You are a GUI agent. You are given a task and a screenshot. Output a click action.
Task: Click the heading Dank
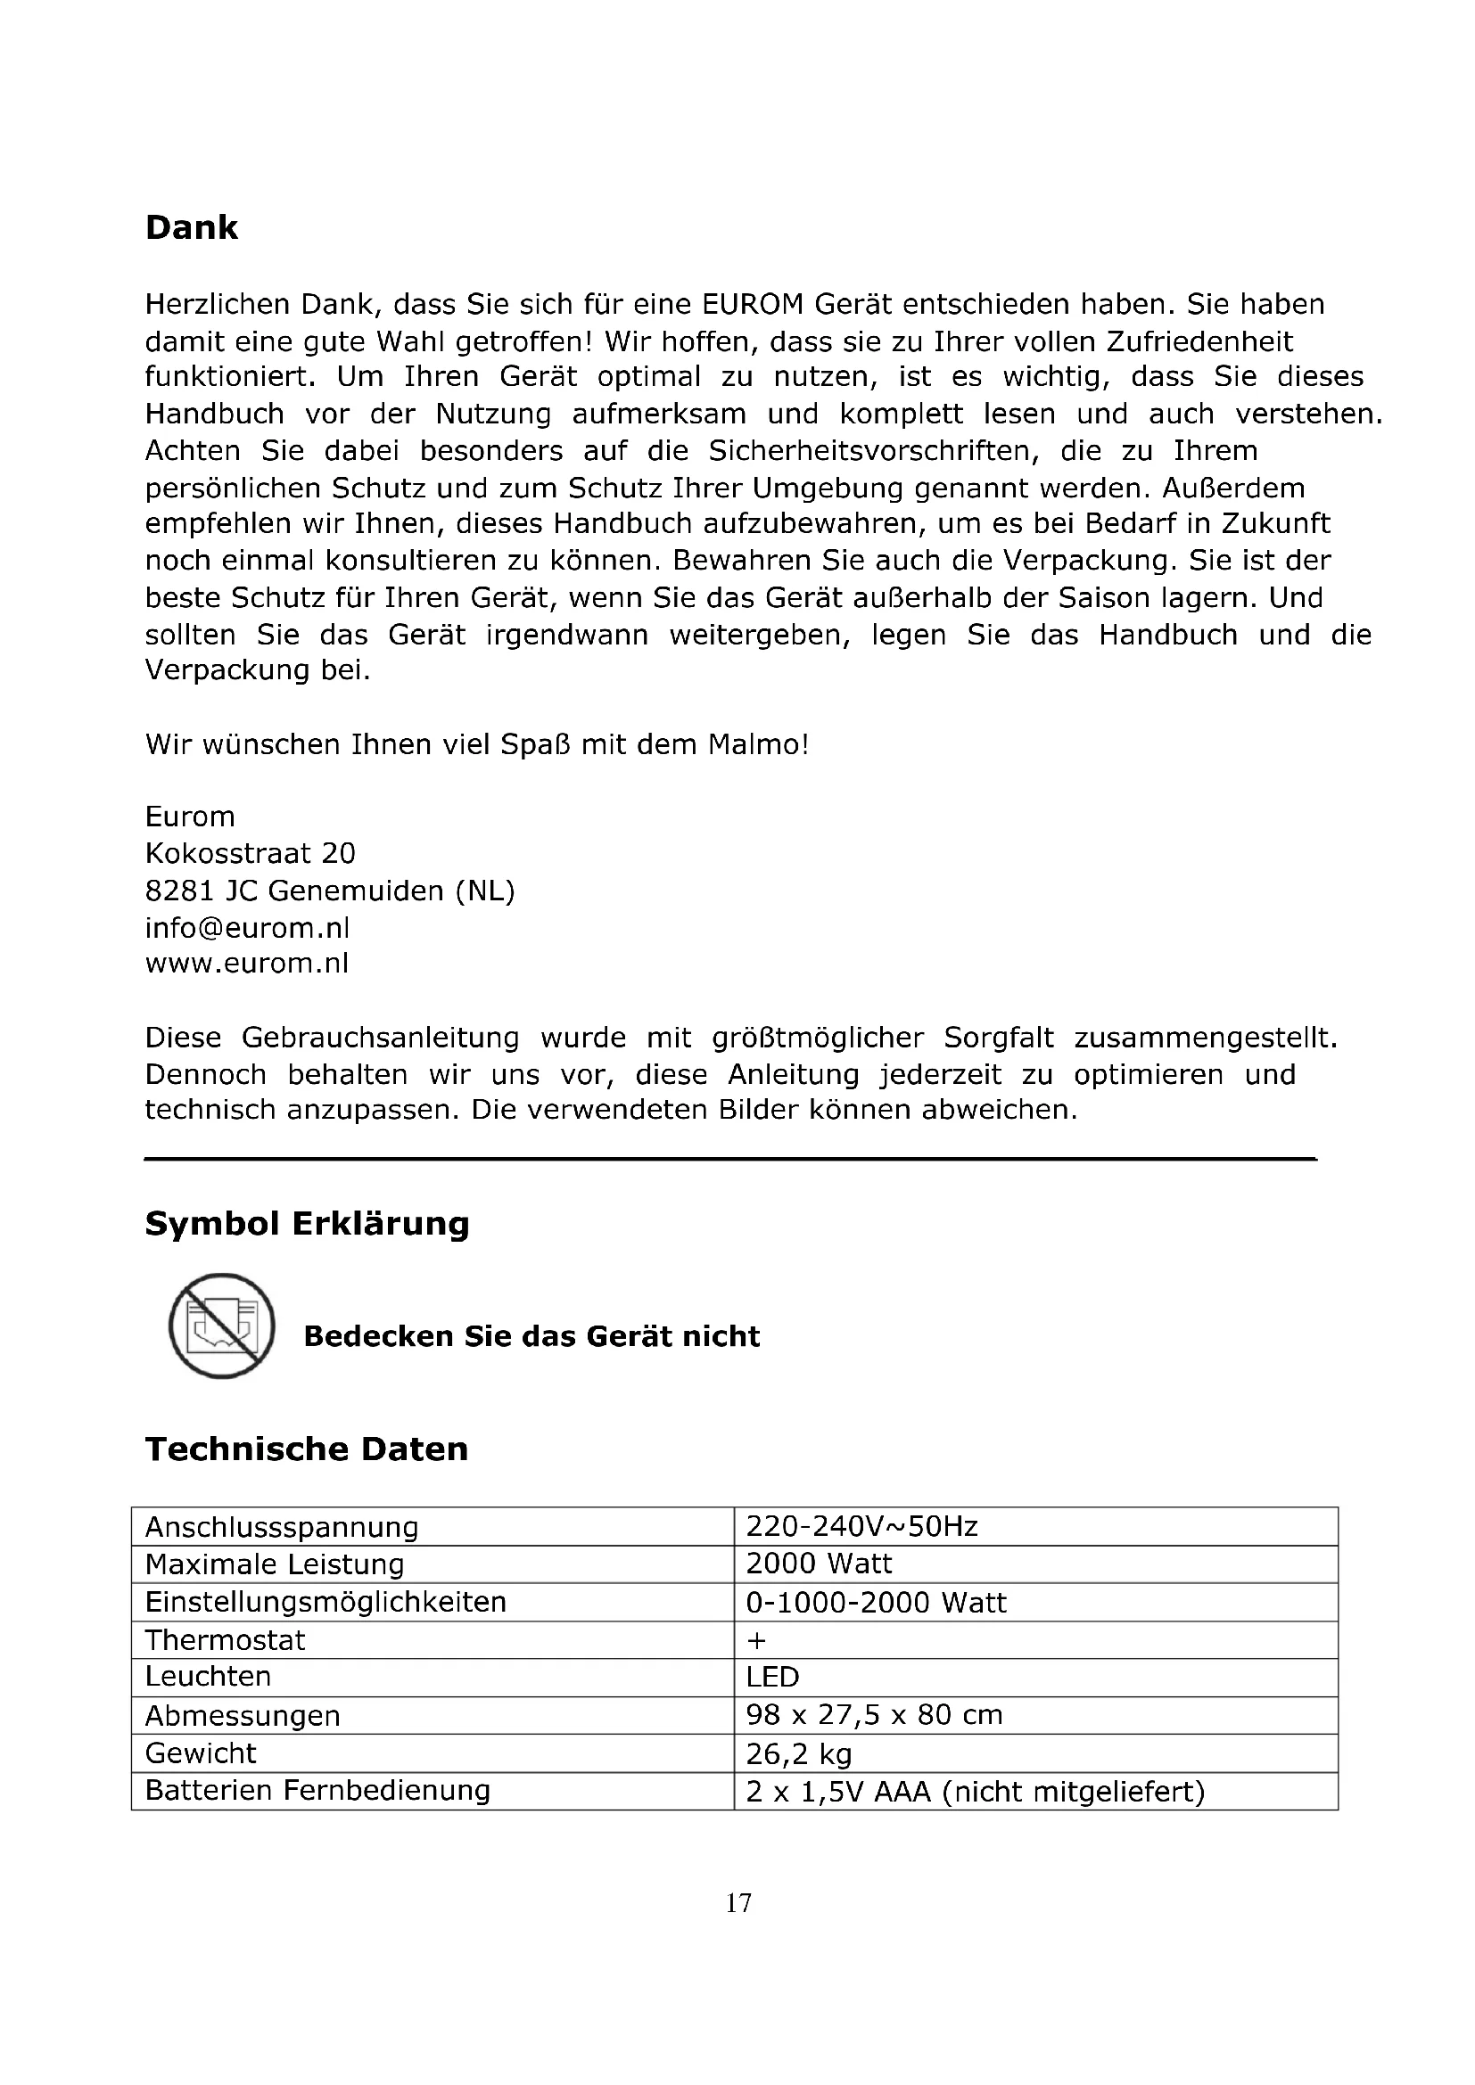pos(192,228)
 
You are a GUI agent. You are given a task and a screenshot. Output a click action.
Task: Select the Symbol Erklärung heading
pos(307,1224)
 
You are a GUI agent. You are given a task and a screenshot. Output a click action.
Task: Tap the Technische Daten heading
pos(306,1449)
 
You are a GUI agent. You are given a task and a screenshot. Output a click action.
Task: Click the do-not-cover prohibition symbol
pos(222,1326)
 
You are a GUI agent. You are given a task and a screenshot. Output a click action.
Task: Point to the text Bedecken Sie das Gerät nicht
pos(531,1337)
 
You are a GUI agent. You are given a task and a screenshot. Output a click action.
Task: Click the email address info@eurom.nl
pos(247,928)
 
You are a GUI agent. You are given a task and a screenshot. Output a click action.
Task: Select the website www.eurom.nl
pos(247,964)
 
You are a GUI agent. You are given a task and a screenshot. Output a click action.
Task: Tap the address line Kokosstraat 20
pos(251,854)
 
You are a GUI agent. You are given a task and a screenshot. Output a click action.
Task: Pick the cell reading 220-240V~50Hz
pos(862,1528)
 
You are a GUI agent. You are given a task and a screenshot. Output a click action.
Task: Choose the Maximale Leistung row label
pos(276,1564)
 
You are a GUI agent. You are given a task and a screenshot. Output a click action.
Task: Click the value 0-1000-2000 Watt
pos(877,1603)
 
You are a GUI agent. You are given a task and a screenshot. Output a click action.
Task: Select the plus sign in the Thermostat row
pos(756,1641)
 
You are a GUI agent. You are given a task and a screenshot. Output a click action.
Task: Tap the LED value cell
pos(773,1678)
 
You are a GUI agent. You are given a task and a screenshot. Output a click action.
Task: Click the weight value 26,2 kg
pos(799,1753)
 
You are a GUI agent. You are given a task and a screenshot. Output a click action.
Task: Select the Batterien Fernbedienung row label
pos(317,1791)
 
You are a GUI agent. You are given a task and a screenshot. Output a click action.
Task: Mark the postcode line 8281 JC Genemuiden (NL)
pos(330,891)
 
